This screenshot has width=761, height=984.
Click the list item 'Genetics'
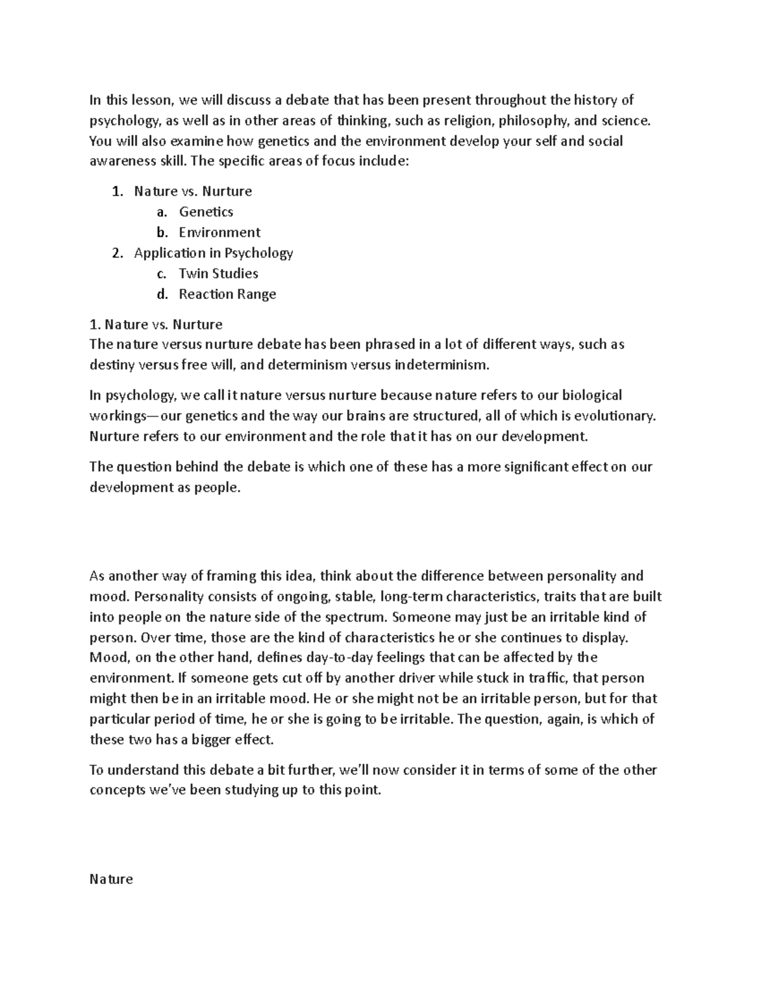point(206,212)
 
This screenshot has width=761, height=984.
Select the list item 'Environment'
point(219,232)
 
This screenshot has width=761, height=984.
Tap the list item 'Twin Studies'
point(218,273)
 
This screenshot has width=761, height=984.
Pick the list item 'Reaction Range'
point(227,294)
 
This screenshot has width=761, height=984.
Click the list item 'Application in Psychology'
point(213,253)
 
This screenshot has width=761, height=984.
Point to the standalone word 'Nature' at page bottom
point(111,879)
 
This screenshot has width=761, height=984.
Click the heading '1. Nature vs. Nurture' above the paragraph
point(156,324)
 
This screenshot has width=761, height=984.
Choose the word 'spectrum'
point(359,617)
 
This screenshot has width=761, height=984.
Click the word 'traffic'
point(545,678)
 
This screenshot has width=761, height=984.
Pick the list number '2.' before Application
point(117,253)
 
